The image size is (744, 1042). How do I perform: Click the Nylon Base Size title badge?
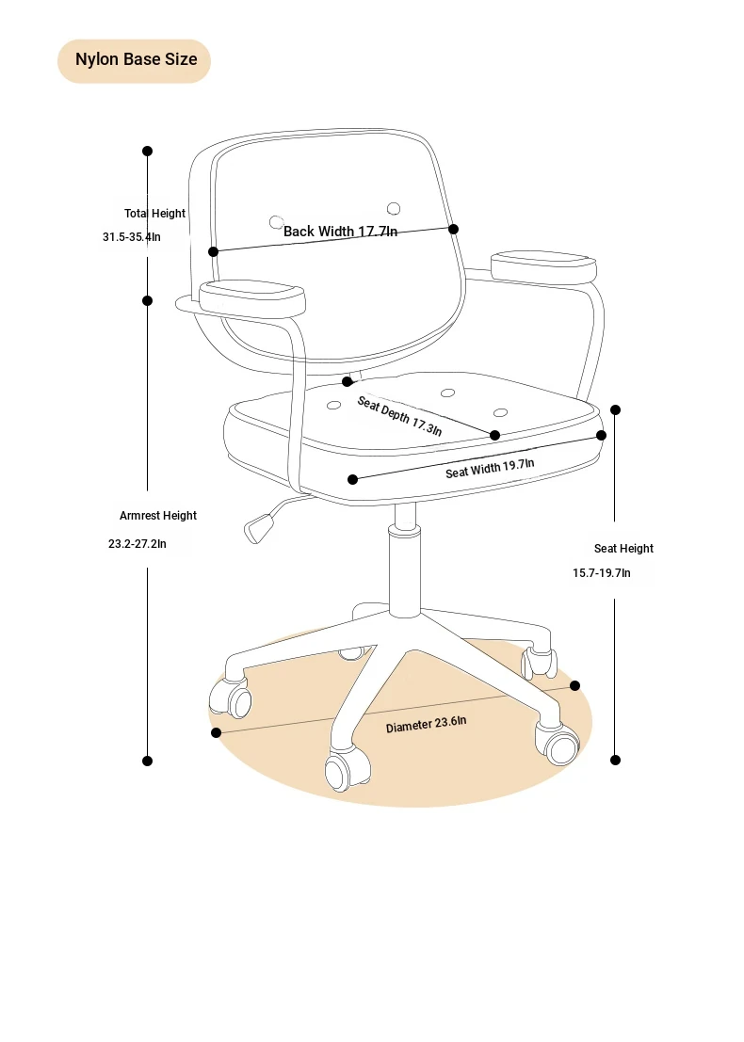pyautogui.click(x=135, y=60)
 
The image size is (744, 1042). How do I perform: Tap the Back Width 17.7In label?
pyautogui.click(x=340, y=232)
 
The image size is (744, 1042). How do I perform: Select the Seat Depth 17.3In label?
pyautogui.click(x=399, y=416)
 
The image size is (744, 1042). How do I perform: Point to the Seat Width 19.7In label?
pyautogui.click(x=490, y=469)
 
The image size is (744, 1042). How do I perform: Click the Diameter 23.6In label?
pyautogui.click(x=427, y=725)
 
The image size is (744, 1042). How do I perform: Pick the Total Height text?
pyautogui.click(x=154, y=214)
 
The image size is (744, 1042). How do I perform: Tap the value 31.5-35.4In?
pyautogui.click(x=132, y=237)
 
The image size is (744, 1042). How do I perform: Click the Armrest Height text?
pyautogui.click(x=158, y=516)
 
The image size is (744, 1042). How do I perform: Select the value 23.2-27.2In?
pyautogui.click(x=137, y=544)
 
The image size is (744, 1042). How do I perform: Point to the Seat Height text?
pyautogui.click(x=623, y=548)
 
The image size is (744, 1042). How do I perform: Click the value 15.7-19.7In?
pyautogui.click(x=602, y=573)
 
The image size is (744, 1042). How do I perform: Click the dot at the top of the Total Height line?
pyautogui.click(x=148, y=151)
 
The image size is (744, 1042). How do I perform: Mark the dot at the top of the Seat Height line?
pyautogui.click(x=616, y=410)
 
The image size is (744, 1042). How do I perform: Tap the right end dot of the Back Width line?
pyautogui.click(x=453, y=230)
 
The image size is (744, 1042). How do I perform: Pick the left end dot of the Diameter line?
pyautogui.click(x=216, y=732)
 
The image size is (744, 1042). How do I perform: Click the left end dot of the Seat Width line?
pyautogui.click(x=353, y=479)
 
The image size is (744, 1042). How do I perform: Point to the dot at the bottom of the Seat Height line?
pyautogui.click(x=616, y=761)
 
